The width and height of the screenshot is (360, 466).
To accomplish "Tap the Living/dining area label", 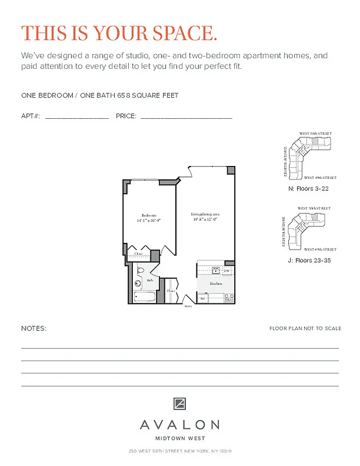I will click(x=205, y=214).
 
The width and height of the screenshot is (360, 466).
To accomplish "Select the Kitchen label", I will click(x=216, y=283).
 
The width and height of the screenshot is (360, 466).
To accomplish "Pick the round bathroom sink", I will click(x=138, y=284).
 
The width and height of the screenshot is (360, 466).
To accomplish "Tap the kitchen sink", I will click(x=213, y=270).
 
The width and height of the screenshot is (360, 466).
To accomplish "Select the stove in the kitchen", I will click(x=230, y=298).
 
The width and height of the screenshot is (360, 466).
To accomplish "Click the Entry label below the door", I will click(x=188, y=306).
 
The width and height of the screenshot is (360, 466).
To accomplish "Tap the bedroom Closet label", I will click(x=139, y=254).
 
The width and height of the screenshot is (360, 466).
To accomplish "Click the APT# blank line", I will click(x=76, y=117).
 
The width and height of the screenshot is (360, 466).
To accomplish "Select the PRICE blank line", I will click(x=186, y=117).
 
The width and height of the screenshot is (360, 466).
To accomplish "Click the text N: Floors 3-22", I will click(x=309, y=189).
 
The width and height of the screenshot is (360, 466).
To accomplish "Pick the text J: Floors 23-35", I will click(x=309, y=260).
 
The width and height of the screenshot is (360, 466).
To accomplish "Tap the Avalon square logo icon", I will click(x=179, y=404).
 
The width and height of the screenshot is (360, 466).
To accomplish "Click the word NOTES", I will click(x=34, y=329).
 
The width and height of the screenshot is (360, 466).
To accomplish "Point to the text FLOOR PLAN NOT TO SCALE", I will click(x=305, y=329).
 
